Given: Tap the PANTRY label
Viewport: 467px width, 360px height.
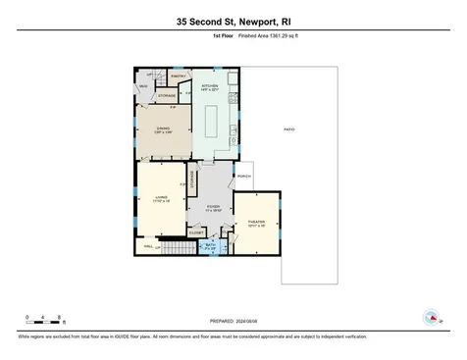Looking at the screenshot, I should (x=179, y=76).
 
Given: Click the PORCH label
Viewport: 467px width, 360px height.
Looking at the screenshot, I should (x=244, y=177).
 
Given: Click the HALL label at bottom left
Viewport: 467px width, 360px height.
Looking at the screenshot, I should (x=148, y=246).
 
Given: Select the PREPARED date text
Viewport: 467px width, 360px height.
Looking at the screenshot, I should (x=233, y=319).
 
